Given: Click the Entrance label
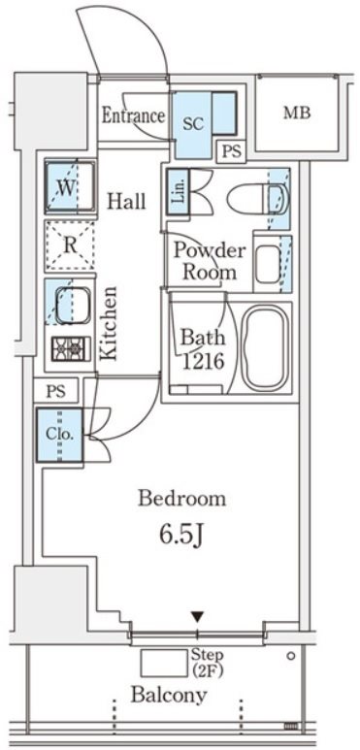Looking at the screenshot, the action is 133,115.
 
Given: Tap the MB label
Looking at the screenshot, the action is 297,113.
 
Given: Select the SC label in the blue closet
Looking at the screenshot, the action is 194,124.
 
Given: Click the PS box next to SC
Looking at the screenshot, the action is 231,152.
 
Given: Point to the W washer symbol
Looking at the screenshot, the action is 70,187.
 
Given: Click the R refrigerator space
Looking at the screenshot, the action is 70,245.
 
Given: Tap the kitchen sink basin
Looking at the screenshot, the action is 72,306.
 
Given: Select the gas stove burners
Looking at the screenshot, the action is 71,348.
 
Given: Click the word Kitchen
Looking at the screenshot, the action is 108,323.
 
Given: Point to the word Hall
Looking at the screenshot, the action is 126,202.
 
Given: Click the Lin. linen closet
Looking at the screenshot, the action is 176,193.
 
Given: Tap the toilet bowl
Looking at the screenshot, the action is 258,199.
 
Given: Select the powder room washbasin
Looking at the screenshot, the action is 267,264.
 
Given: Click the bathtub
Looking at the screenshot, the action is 265,347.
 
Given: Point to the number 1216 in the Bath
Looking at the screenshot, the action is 203,362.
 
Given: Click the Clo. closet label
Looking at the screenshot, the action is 60,435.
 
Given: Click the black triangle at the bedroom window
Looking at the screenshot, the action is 197,618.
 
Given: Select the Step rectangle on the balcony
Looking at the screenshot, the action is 164,664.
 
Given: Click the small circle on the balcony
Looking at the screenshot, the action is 291,656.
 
